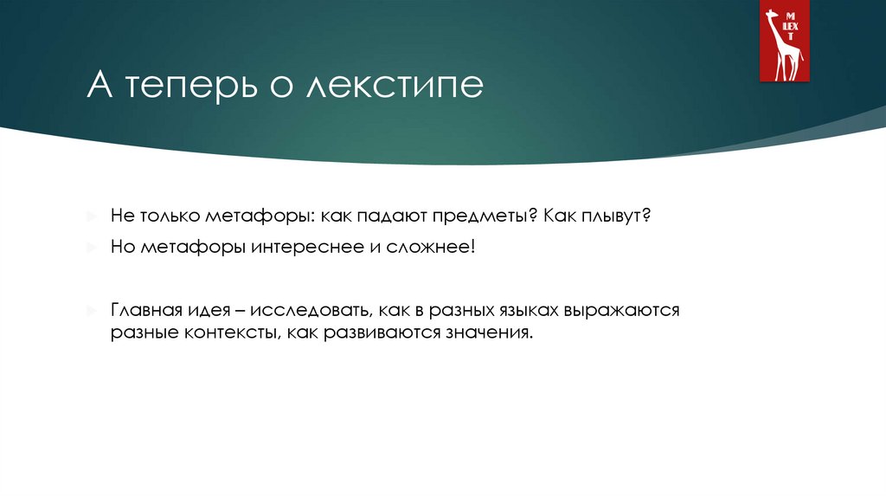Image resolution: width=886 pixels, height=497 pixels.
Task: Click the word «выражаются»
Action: pos(622,309)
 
